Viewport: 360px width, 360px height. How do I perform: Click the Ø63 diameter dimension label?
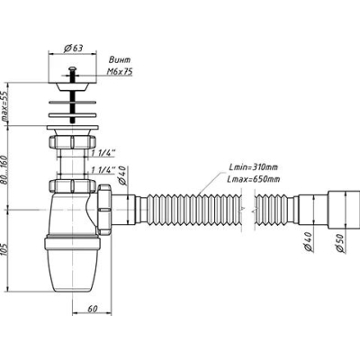pyautogui.click(x=74, y=48)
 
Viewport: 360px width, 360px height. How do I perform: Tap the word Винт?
pyautogui.click(x=120, y=59)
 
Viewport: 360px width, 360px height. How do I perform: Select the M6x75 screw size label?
pyautogui.click(x=120, y=72)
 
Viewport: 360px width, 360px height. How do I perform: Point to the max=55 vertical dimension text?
pyautogui.click(x=5, y=105)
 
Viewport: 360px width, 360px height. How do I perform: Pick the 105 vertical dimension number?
pyautogui.click(x=5, y=250)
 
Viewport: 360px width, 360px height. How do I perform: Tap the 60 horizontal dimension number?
pyautogui.click(x=93, y=309)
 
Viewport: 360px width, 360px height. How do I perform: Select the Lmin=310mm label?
pyautogui.click(x=254, y=167)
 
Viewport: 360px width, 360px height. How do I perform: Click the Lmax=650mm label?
pyautogui.click(x=255, y=179)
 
